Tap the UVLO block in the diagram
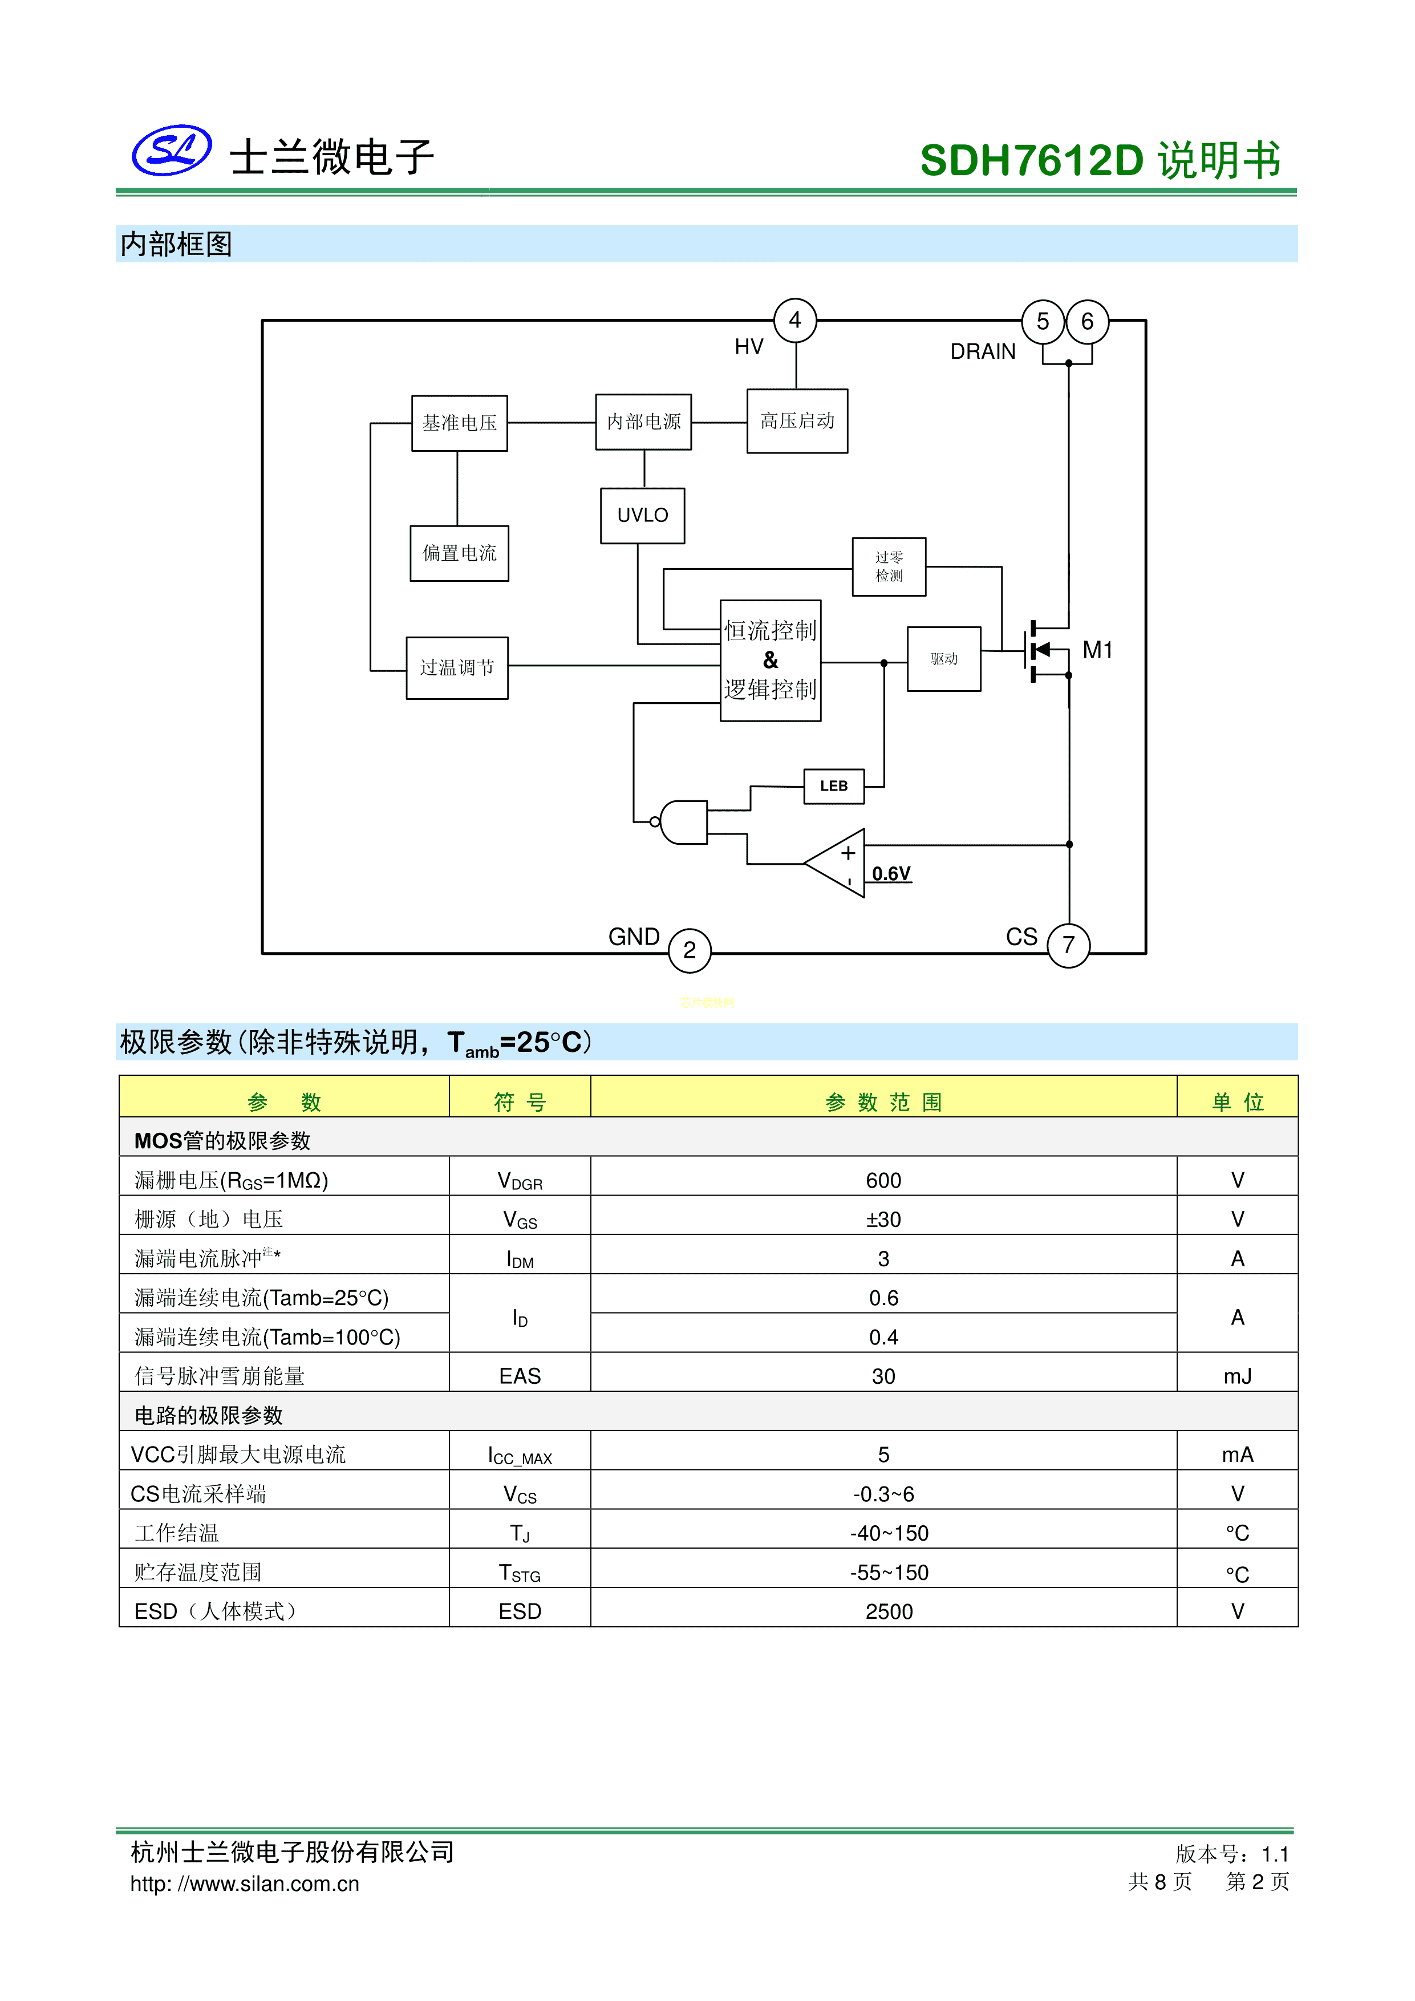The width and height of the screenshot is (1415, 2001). tap(642, 515)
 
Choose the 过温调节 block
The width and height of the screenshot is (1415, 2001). tap(457, 667)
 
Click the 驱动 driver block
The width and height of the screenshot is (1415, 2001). tap(944, 659)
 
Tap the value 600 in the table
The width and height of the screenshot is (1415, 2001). tap(883, 1180)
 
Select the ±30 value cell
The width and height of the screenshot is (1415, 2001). tap(883, 1219)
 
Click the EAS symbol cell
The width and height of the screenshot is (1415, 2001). tap(520, 1376)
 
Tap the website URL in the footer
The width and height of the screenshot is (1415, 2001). tap(244, 1883)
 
